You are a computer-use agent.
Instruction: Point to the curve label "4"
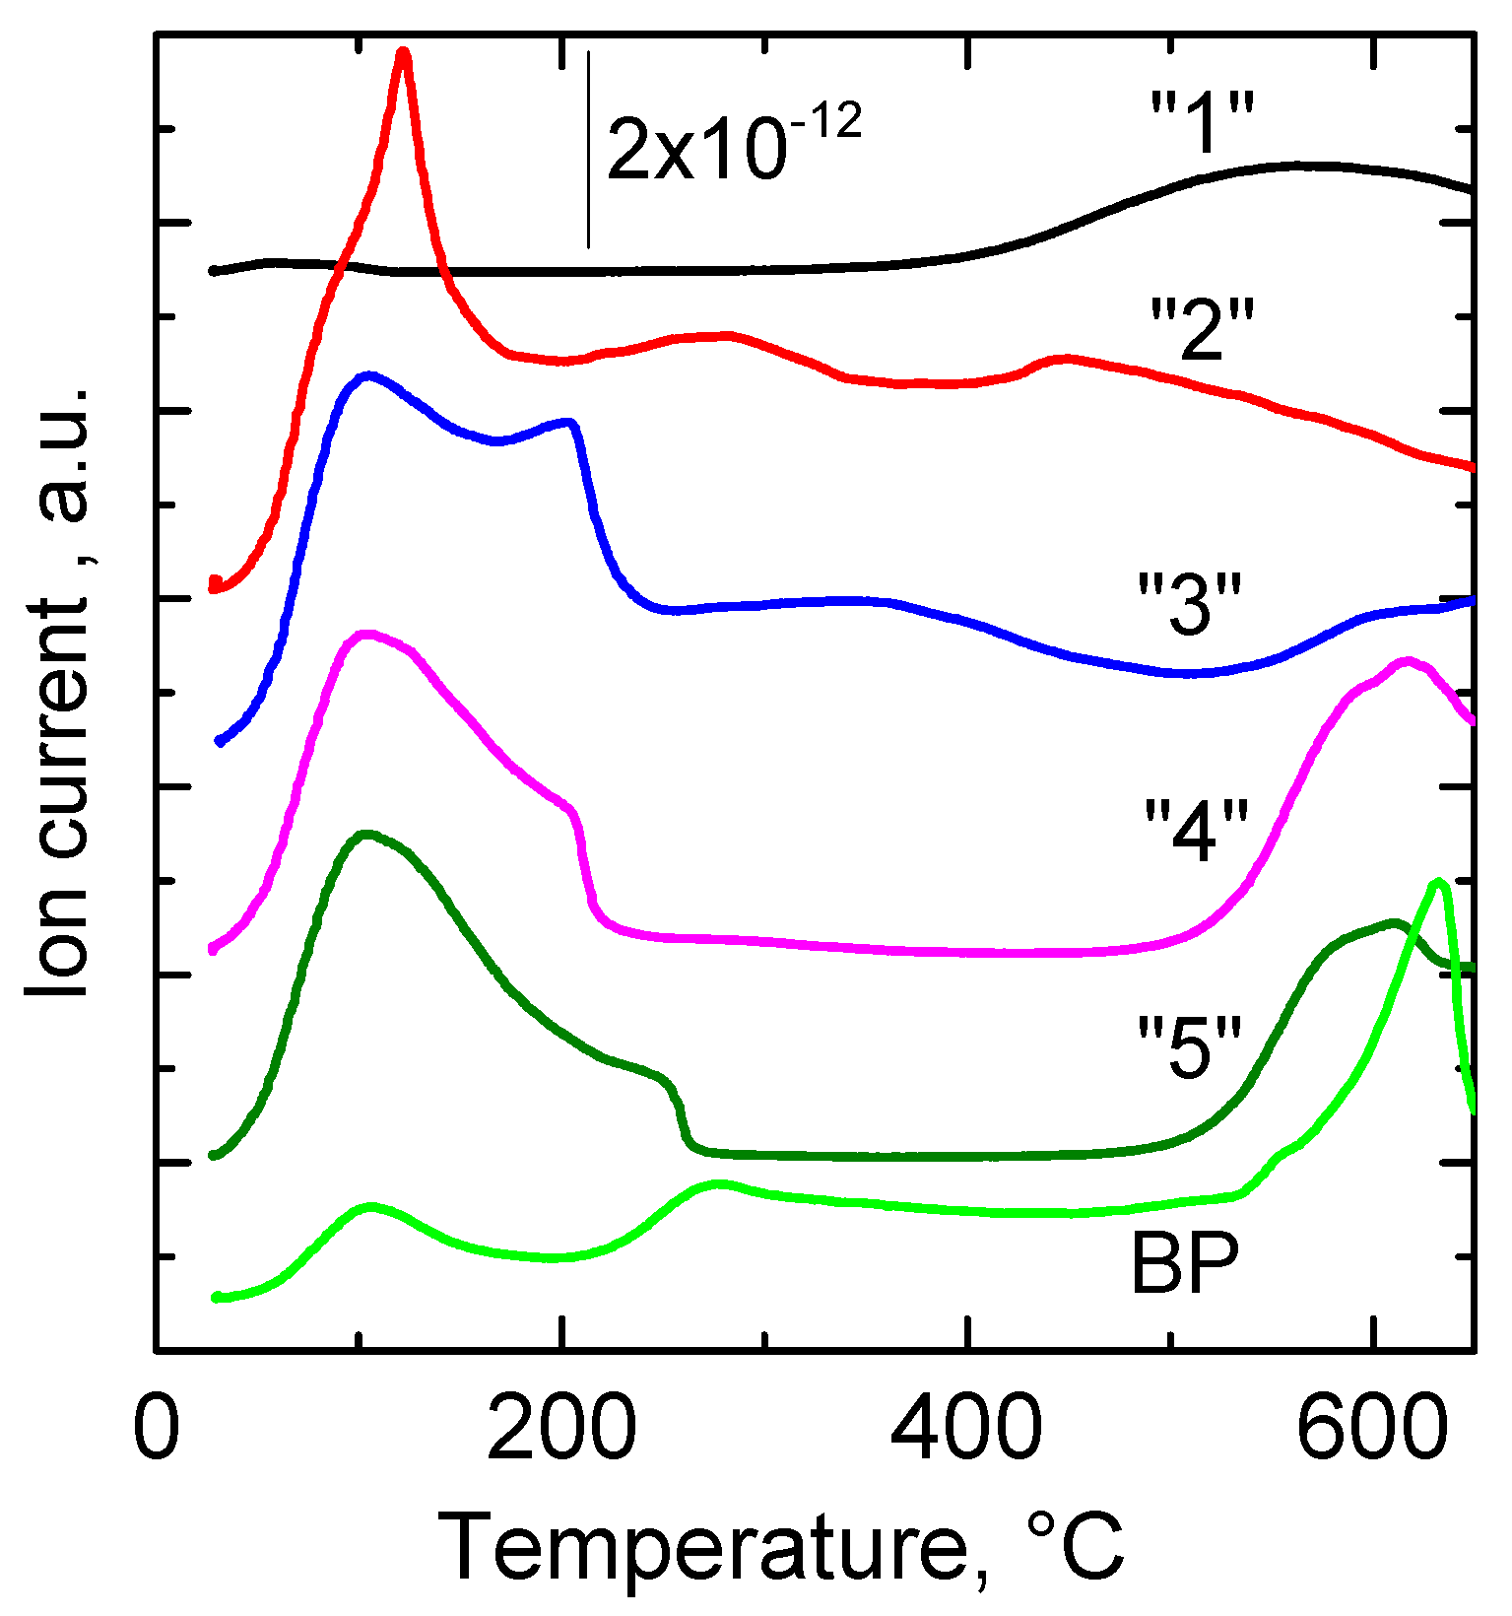(x=1196, y=830)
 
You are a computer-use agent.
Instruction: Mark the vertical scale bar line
(x=588, y=148)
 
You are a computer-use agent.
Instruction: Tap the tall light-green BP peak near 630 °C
(x=1438, y=883)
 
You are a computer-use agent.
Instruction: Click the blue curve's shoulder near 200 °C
(x=568, y=423)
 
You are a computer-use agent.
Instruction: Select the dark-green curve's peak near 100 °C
(x=366, y=835)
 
